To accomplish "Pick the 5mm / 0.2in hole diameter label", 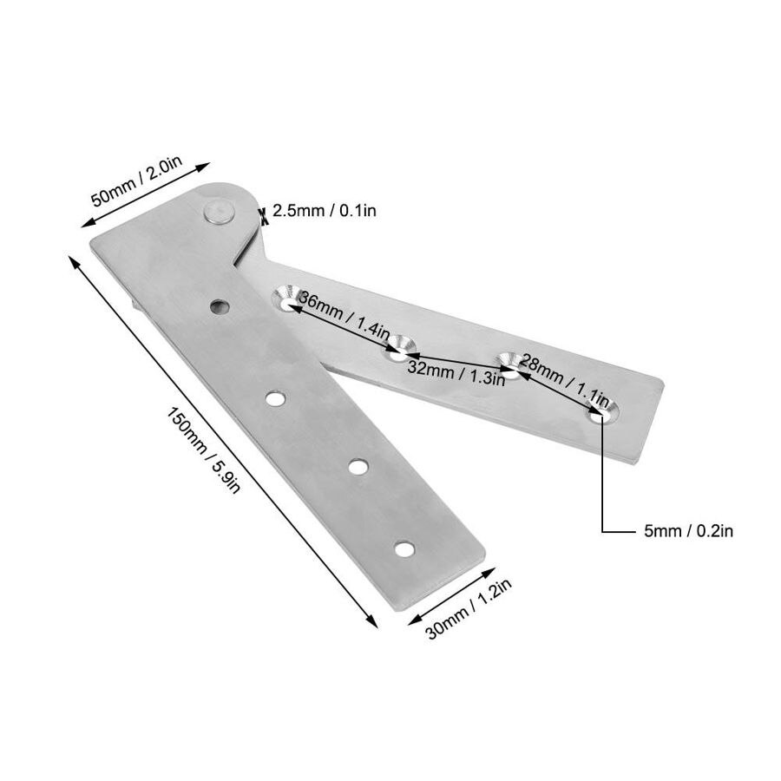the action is tap(688, 530).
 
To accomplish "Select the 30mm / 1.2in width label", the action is tap(469, 609).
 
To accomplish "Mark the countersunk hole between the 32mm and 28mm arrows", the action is tap(508, 364).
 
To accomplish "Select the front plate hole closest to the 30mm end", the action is tap(404, 548).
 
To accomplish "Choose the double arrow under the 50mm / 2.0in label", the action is tap(149, 194).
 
